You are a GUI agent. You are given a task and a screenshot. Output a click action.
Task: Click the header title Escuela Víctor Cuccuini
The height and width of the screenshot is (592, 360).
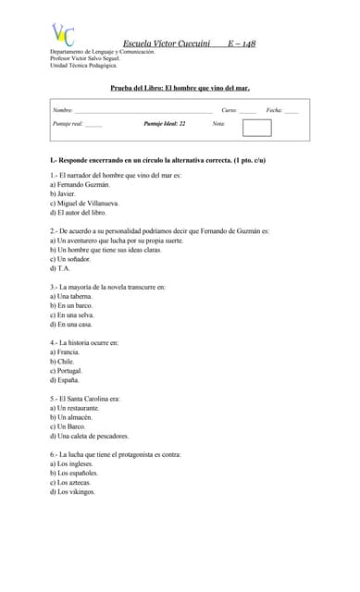[x=167, y=43]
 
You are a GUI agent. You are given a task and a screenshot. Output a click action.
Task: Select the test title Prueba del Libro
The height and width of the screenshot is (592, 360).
[x=180, y=88]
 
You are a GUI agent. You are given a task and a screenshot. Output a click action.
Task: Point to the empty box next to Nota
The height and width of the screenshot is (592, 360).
[x=256, y=128]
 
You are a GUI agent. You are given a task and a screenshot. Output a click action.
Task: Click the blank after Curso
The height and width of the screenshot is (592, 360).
[x=247, y=111]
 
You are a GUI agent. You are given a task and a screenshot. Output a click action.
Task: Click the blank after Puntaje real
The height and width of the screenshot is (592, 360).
[x=93, y=124]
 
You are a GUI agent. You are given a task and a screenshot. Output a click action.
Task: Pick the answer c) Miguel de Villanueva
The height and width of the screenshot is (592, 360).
[x=84, y=203]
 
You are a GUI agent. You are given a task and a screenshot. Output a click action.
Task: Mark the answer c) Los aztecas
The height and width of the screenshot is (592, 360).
[x=74, y=482]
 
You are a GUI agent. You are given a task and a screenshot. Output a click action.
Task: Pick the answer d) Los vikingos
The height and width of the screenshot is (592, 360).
[x=76, y=491]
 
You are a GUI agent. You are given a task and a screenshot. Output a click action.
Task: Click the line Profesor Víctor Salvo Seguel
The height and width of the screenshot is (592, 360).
[x=86, y=58]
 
